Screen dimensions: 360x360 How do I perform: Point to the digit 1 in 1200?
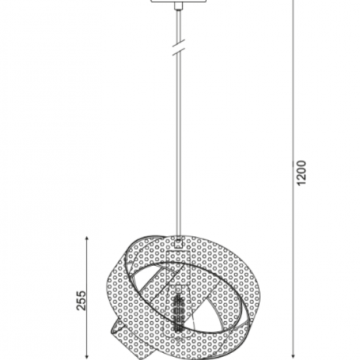300,184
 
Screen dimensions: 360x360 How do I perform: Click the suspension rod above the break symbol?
177,26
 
